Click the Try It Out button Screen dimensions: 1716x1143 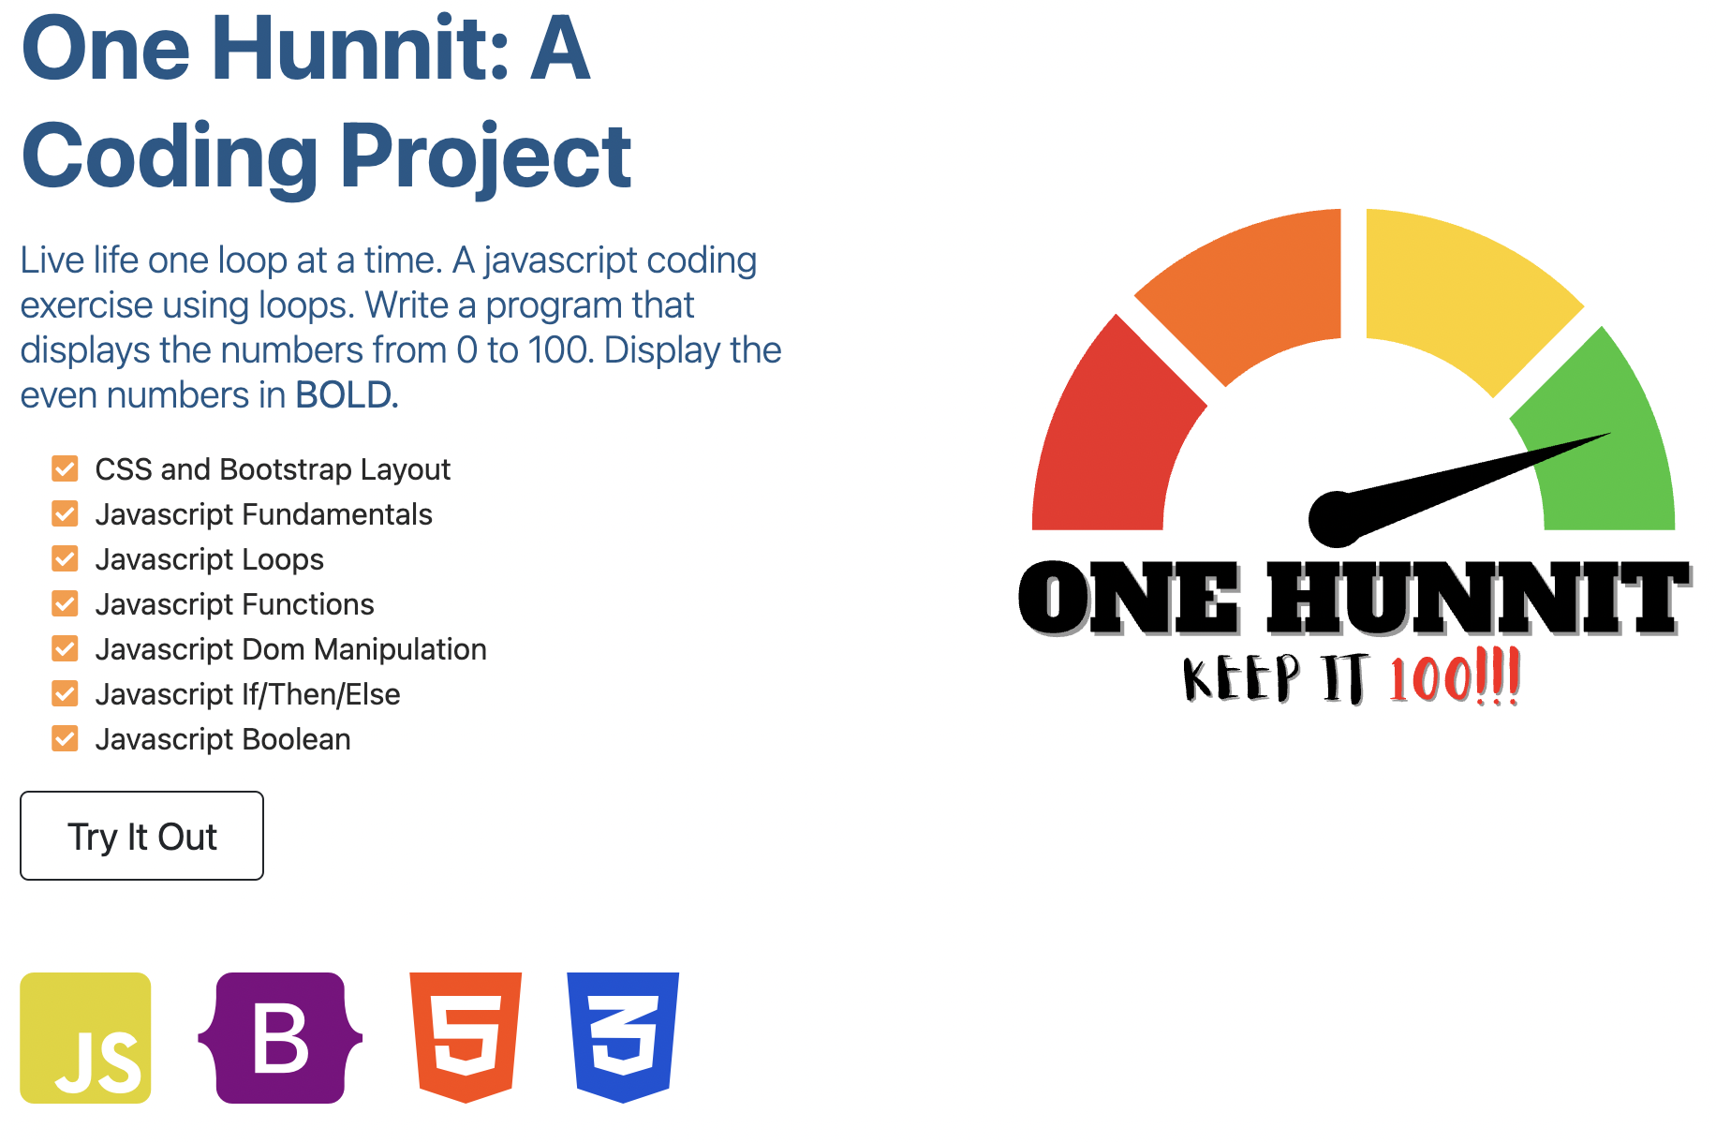[141, 836]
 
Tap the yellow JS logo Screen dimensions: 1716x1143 [85, 1038]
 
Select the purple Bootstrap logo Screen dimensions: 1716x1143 [280, 1038]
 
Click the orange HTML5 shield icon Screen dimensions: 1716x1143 [466, 1038]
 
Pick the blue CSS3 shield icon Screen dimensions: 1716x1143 [623, 1038]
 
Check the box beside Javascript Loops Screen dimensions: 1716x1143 [65, 559]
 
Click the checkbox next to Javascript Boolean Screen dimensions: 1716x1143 [65, 739]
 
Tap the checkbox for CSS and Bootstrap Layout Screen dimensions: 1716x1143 [65, 469]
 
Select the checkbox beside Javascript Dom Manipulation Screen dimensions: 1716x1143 [65, 649]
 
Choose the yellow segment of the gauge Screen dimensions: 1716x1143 [1461, 286]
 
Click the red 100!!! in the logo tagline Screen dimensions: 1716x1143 [1455, 676]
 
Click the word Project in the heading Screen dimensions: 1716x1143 [485, 156]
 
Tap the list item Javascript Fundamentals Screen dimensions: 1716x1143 [264, 514]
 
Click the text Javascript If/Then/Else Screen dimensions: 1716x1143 [248, 694]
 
